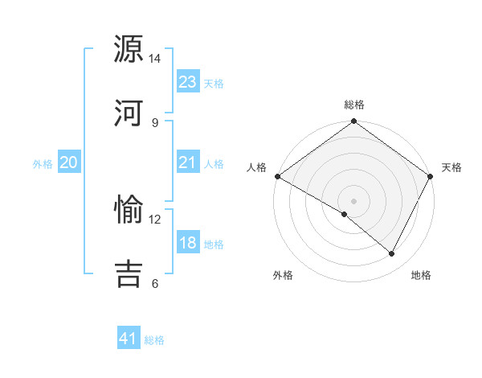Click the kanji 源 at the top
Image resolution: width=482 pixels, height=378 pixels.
tap(130, 50)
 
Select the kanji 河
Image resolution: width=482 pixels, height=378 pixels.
tap(130, 113)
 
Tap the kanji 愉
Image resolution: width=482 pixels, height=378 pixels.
tap(130, 210)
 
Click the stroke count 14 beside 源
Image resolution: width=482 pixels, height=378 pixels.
tap(155, 59)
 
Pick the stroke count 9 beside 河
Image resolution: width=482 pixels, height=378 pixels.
tap(155, 122)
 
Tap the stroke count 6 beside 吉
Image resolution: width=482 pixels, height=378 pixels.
tap(155, 283)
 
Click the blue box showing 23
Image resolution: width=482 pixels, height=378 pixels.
tap(188, 82)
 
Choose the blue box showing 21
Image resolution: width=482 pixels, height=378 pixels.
tap(188, 163)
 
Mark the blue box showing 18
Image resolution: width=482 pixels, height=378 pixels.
tap(188, 244)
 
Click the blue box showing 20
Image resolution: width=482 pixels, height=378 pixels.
tap(69, 163)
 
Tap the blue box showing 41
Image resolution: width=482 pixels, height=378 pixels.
tap(129, 339)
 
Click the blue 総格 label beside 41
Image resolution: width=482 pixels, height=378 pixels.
tap(154, 340)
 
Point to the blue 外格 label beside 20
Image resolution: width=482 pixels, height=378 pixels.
tap(43, 164)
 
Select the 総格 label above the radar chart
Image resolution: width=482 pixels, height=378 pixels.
tap(354, 105)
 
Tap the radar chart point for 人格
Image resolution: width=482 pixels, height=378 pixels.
tap(277, 176)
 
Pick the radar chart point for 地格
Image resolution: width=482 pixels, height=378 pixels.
tap(392, 254)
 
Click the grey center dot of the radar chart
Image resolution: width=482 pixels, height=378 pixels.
tap(354, 200)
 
